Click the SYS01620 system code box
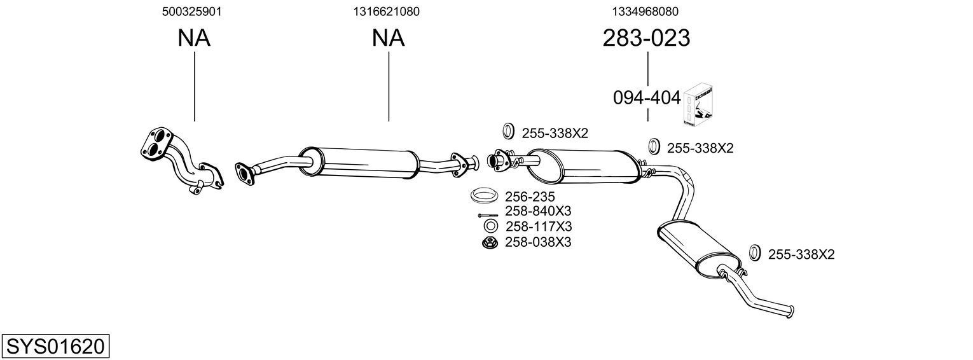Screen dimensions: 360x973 [55, 347]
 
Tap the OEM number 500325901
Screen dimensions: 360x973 [192, 11]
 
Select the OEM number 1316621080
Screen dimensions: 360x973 [387, 11]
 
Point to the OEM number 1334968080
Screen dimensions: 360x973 [645, 11]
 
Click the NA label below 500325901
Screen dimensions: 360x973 [193, 39]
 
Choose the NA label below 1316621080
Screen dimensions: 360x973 [388, 39]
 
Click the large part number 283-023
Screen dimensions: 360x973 [645, 39]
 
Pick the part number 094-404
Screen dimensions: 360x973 [646, 98]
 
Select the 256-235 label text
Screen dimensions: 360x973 [528, 197]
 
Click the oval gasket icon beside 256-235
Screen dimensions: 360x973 [485, 195]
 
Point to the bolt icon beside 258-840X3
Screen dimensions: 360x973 [488, 214]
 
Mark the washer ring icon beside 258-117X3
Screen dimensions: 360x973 [490, 226]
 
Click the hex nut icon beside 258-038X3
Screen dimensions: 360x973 [489, 242]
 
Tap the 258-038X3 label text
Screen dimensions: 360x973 [538, 242]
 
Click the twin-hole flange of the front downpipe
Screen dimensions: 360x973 [157, 143]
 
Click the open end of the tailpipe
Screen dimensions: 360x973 [789, 311]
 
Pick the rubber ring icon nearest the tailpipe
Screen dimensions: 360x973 [755, 253]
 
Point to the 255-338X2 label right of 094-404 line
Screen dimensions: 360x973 [700, 148]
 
